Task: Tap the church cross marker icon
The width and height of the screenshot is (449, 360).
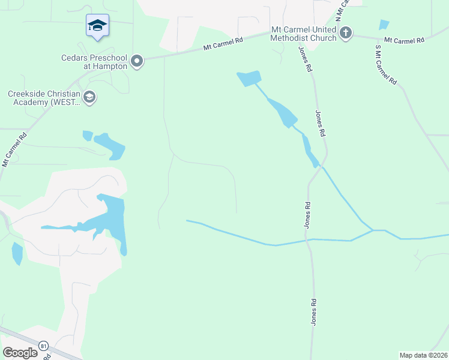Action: coord(346,33)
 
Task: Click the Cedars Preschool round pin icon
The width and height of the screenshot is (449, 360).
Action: coord(137,61)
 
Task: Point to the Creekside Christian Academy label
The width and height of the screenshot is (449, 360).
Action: coord(43,98)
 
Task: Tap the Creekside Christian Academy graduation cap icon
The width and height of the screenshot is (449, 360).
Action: coord(89,97)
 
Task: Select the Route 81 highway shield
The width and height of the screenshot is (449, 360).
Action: coord(43,346)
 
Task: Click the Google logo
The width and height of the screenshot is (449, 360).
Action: coord(20,353)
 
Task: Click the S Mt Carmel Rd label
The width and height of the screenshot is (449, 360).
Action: coord(386,64)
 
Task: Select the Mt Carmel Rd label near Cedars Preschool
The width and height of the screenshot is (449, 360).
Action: coord(223,43)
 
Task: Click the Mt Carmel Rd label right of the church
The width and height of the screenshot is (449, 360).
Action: coord(404,40)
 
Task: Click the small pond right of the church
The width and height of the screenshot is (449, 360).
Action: coord(384,25)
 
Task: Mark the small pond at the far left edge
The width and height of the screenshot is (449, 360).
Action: coord(17,253)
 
